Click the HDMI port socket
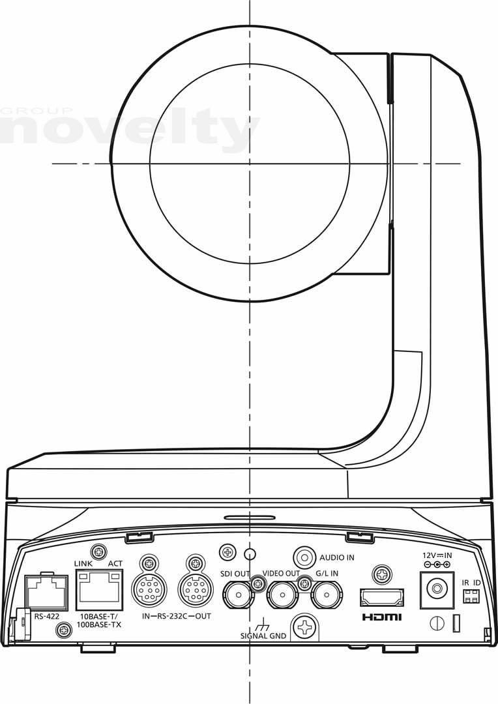pyautogui.click(x=382, y=597)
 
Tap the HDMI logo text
pyautogui.click(x=382, y=617)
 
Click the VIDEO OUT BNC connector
pyautogui.click(x=282, y=595)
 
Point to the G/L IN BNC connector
pyautogui.click(x=327, y=595)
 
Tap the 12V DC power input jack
pyautogui.click(x=437, y=589)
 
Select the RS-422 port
pyautogui.click(x=46, y=592)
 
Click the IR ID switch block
pyautogui.click(x=471, y=596)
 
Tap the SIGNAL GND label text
pyautogui.click(x=263, y=636)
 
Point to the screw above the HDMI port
pyautogui.click(x=382, y=575)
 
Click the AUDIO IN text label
pyautogui.click(x=337, y=557)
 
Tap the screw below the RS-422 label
pyautogui.click(x=63, y=630)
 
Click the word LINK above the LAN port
pyautogui.click(x=83, y=563)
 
